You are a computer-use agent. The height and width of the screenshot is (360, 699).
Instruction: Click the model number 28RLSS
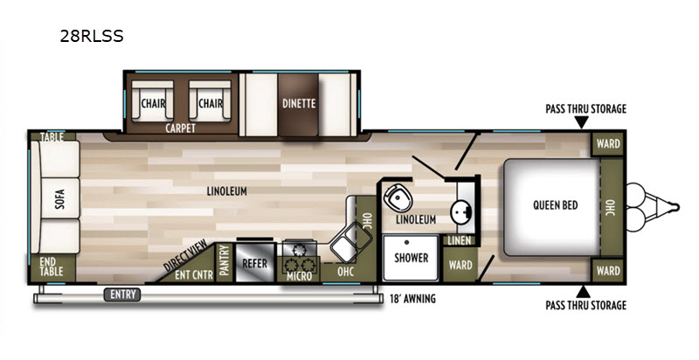[x=92, y=36]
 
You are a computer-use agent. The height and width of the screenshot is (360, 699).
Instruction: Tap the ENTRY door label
[x=122, y=294]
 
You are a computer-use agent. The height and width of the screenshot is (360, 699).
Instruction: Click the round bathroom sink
[x=460, y=211]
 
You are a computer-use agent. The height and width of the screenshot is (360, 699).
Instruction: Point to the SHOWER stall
[x=411, y=259]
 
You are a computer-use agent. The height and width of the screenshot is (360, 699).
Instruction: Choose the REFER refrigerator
[x=254, y=263]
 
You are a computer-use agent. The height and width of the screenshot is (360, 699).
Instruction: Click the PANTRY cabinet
[x=225, y=263]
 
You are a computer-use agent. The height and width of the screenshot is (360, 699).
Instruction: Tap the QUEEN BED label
[x=556, y=205]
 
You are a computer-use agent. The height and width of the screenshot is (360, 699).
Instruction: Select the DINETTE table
[x=298, y=105]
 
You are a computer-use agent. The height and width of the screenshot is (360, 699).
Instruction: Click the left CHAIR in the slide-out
[x=153, y=100]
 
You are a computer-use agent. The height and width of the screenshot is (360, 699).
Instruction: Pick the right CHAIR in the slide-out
[x=210, y=100]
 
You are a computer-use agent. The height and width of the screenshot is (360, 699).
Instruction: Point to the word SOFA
[x=59, y=199]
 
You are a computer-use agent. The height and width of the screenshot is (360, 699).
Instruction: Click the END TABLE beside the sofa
[x=52, y=267]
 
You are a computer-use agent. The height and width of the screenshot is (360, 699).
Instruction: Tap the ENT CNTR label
[x=194, y=275]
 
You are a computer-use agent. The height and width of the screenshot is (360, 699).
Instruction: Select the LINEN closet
[x=460, y=240]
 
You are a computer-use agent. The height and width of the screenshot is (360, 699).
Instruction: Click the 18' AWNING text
[x=412, y=299]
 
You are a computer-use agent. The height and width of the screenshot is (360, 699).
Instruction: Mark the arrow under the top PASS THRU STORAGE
[x=581, y=122]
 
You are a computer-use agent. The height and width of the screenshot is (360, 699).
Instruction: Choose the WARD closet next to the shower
[x=460, y=265]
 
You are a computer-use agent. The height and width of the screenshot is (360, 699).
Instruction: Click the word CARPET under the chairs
[x=180, y=128]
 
